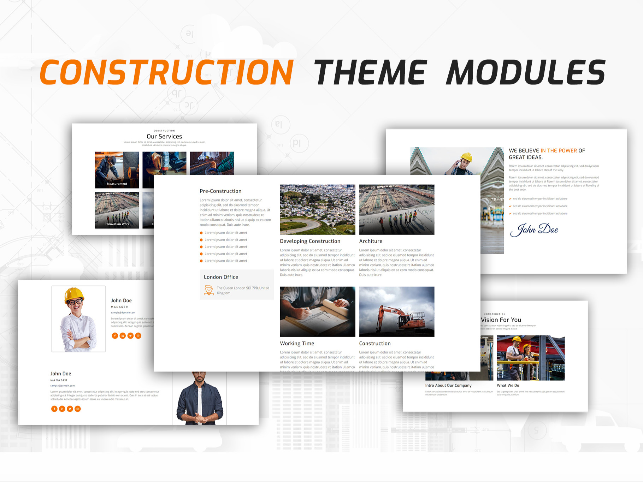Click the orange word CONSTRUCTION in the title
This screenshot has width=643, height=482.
166,72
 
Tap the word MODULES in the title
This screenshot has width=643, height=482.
526,72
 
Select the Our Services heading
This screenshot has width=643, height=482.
164,137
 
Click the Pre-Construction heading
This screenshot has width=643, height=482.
220,191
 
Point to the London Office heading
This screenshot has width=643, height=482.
221,277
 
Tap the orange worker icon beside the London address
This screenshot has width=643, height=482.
209,290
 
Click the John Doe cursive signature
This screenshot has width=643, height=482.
534,230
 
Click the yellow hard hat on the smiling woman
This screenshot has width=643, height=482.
74,294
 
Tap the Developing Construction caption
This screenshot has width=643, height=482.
310,241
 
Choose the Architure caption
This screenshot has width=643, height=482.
371,241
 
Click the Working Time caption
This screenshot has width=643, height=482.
297,344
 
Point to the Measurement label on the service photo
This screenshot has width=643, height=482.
117,184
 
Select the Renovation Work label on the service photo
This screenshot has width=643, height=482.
117,224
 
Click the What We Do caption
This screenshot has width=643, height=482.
508,386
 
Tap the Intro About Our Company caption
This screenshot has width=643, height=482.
448,386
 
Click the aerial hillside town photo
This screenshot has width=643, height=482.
317,209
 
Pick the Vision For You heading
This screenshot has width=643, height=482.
501,320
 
